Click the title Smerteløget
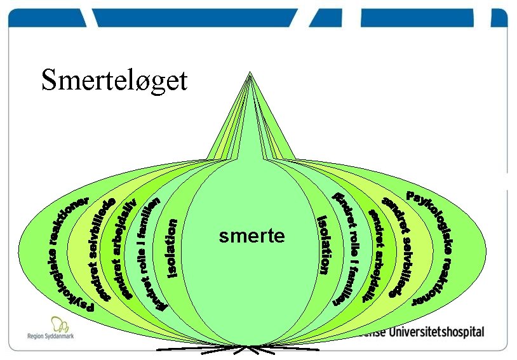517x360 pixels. point(114,81)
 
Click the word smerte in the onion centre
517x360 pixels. point(252,237)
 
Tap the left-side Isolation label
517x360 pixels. point(171,248)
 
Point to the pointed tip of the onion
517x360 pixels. point(250,74)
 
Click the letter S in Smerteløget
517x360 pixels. point(50,81)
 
